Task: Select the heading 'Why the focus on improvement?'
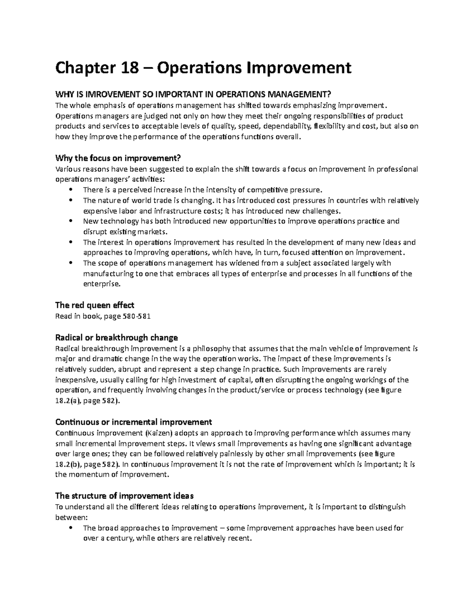click(118, 158)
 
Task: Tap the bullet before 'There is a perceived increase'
click(71, 190)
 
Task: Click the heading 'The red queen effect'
click(95, 305)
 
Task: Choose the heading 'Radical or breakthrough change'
click(116, 338)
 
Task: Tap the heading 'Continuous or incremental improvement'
click(134, 422)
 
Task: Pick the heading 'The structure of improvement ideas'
click(124, 496)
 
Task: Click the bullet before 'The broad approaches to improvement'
click(71, 528)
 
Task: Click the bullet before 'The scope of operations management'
click(71, 263)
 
